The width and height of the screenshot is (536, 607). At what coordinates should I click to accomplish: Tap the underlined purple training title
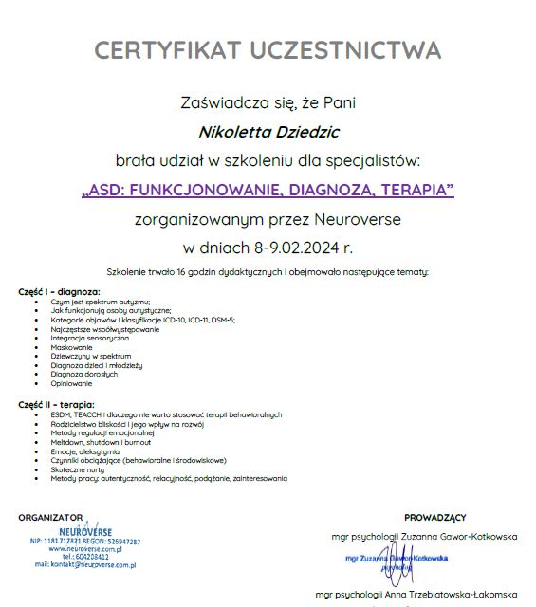click(268, 190)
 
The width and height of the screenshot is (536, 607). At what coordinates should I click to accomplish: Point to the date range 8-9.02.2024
click(295, 248)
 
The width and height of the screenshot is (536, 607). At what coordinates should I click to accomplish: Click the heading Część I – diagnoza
click(59, 292)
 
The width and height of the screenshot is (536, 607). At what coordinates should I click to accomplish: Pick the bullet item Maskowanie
click(72, 347)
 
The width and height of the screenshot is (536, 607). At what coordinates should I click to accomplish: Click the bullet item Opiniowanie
click(72, 383)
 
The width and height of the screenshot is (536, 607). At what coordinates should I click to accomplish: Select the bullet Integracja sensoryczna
click(90, 338)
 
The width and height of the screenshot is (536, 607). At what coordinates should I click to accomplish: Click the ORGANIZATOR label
click(50, 517)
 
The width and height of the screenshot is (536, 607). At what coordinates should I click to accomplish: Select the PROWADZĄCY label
click(434, 517)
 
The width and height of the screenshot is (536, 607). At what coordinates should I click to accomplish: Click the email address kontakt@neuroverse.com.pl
click(85, 564)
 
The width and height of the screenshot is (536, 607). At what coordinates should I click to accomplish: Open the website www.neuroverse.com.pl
click(85, 549)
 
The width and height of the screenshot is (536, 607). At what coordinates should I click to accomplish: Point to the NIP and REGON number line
click(85, 542)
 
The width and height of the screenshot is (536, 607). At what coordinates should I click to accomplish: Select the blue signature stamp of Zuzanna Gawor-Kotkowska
click(397, 561)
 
